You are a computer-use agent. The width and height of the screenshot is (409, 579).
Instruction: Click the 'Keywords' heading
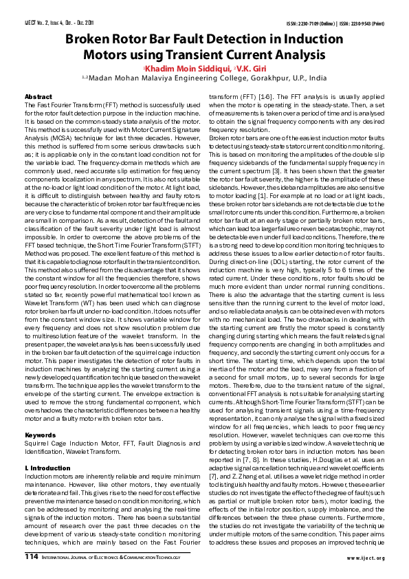tap(40, 416)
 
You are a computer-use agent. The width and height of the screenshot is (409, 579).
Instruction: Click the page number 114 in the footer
tap(32, 557)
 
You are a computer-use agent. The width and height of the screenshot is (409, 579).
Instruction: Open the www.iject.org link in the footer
tap(366, 558)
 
